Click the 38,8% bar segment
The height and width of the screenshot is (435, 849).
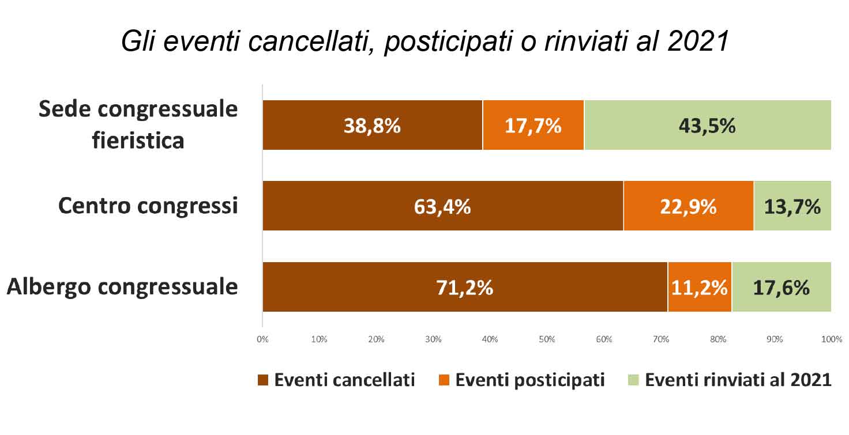[x=373, y=125]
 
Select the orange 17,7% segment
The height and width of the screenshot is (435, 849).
[x=533, y=125]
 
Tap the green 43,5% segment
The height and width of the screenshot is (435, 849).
[x=707, y=125]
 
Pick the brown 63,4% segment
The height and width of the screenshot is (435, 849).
[x=442, y=206]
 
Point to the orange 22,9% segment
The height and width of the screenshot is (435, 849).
[x=688, y=206]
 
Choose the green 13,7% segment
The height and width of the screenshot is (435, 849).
[x=792, y=206]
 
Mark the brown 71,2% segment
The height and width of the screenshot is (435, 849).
[x=465, y=287]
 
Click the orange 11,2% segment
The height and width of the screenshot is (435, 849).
[x=700, y=287]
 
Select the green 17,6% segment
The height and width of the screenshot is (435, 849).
[x=781, y=287]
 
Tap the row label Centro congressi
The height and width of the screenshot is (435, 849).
[x=148, y=206]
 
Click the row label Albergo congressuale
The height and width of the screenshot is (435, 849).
[x=122, y=286]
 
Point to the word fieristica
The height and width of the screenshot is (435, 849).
[x=138, y=141]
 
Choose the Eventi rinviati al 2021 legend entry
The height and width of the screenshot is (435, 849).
[x=730, y=380]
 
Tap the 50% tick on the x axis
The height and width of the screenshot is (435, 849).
[x=547, y=339]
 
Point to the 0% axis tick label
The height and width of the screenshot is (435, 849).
[x=262, y=339]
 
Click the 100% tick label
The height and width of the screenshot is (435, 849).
[x=831, y=339]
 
